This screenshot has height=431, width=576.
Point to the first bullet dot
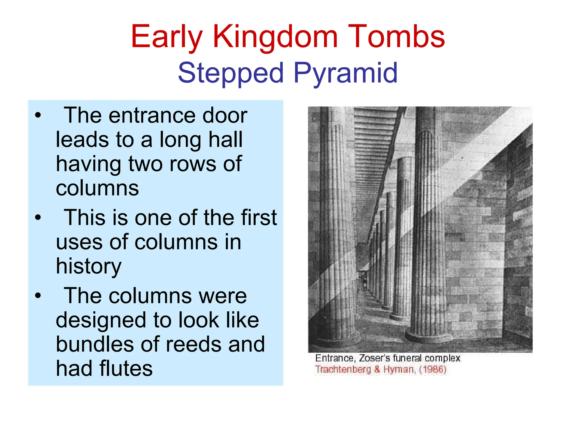(x=38, y=115)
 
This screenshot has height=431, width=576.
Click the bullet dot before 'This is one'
(x=38, y=218)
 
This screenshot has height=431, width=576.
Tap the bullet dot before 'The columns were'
(x=38, y=296)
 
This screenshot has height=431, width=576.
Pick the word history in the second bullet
(x=89, y=266)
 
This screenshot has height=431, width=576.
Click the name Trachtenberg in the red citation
(x=343, y=369)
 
